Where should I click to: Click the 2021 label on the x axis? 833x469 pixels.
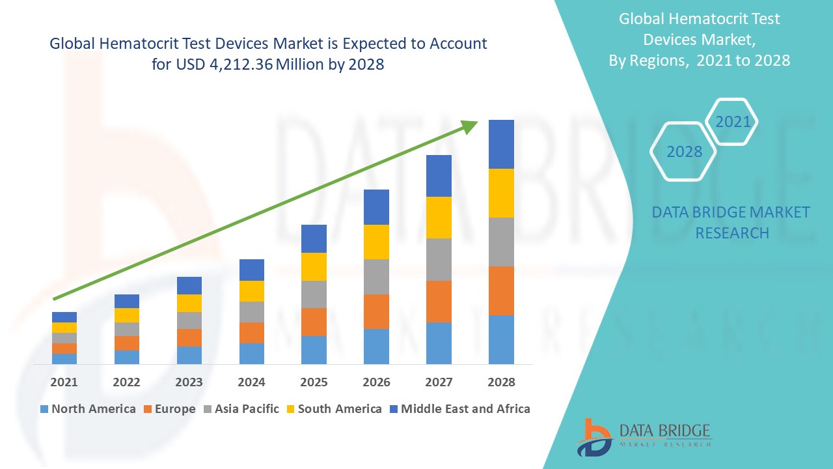point(64,382)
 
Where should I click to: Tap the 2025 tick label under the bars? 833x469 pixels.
point(314,382)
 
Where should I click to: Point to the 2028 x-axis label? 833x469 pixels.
point(501,382)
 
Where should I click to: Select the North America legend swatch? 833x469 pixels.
point(44,409)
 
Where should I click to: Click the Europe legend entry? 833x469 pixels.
point(169,409)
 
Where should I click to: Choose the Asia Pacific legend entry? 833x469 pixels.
point(243,409)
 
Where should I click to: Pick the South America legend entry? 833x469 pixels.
point(333,409)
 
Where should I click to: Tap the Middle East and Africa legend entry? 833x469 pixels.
point(459,409)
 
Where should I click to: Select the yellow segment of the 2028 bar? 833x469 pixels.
point(501,193)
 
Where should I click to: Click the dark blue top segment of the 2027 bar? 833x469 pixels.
point(439,176)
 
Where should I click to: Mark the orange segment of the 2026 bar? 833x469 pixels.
point(376,311)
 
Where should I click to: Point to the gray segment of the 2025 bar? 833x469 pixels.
point(314,294)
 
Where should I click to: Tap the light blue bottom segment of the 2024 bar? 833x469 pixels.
point(251,353)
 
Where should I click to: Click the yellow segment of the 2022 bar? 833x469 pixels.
point(126,315)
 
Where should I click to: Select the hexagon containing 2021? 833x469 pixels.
point(733,122)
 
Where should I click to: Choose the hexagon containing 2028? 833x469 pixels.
point(684,152)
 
